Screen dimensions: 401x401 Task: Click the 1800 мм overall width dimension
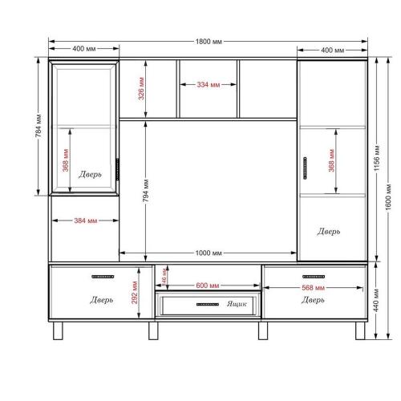pos(209,42)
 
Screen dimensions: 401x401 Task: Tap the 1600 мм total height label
pos(388,196)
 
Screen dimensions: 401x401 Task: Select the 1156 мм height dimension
pos(377,158)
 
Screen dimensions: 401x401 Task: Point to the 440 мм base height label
pos(376,300)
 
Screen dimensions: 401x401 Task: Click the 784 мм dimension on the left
pos(38,126)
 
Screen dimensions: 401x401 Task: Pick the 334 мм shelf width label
pos(209,85)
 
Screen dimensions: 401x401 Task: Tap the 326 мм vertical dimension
pos(141,88)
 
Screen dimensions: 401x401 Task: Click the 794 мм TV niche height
pos(145,191)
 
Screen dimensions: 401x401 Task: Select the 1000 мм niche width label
pos(209,253)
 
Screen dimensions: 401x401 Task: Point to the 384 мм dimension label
pos(86,221)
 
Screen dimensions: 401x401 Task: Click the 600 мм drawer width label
pos(208,286)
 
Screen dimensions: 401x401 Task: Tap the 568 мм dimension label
pos(313,288)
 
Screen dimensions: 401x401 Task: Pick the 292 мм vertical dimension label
pos(135,293)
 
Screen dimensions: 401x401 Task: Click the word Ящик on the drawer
pos(237,304)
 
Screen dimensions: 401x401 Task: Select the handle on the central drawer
pos(208,304)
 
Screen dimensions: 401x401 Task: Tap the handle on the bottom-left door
pos(103,277)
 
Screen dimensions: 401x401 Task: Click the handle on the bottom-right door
pos(314,277)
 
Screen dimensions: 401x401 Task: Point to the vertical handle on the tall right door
pos(306,168)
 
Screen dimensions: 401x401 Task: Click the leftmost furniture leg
pos(58,330)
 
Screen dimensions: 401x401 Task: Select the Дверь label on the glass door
pos(90,174)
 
